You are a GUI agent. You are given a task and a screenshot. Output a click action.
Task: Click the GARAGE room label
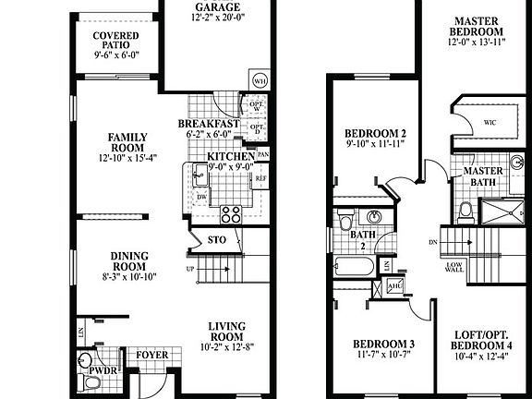point(216,7)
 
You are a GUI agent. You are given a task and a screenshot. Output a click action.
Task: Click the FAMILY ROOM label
point(127,142)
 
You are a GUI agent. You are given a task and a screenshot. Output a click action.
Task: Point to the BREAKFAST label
point(209,124)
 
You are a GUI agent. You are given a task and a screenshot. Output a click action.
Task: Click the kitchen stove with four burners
point(230,214)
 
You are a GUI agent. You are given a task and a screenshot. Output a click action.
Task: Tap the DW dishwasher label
point(201,197)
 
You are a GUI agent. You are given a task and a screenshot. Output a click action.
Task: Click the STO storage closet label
point(217,240)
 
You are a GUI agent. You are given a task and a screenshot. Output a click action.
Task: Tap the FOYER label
point(151,355)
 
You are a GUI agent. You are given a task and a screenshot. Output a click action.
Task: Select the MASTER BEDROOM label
point(477,26)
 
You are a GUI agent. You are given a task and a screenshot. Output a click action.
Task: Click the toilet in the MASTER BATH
point(465,212)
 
